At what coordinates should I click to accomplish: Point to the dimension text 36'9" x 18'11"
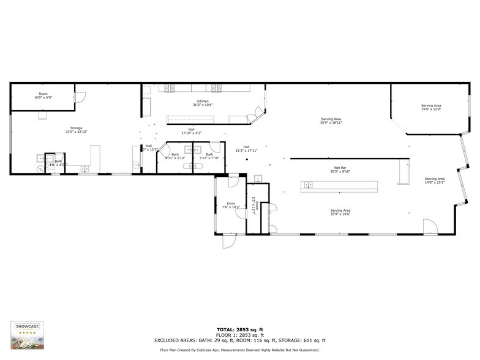tap(331, 122)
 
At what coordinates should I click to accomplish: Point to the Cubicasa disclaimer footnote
tap(240, 350)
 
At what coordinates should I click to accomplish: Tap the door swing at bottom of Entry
tap(229, 241)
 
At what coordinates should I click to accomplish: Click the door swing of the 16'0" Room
tap(80, 97)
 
